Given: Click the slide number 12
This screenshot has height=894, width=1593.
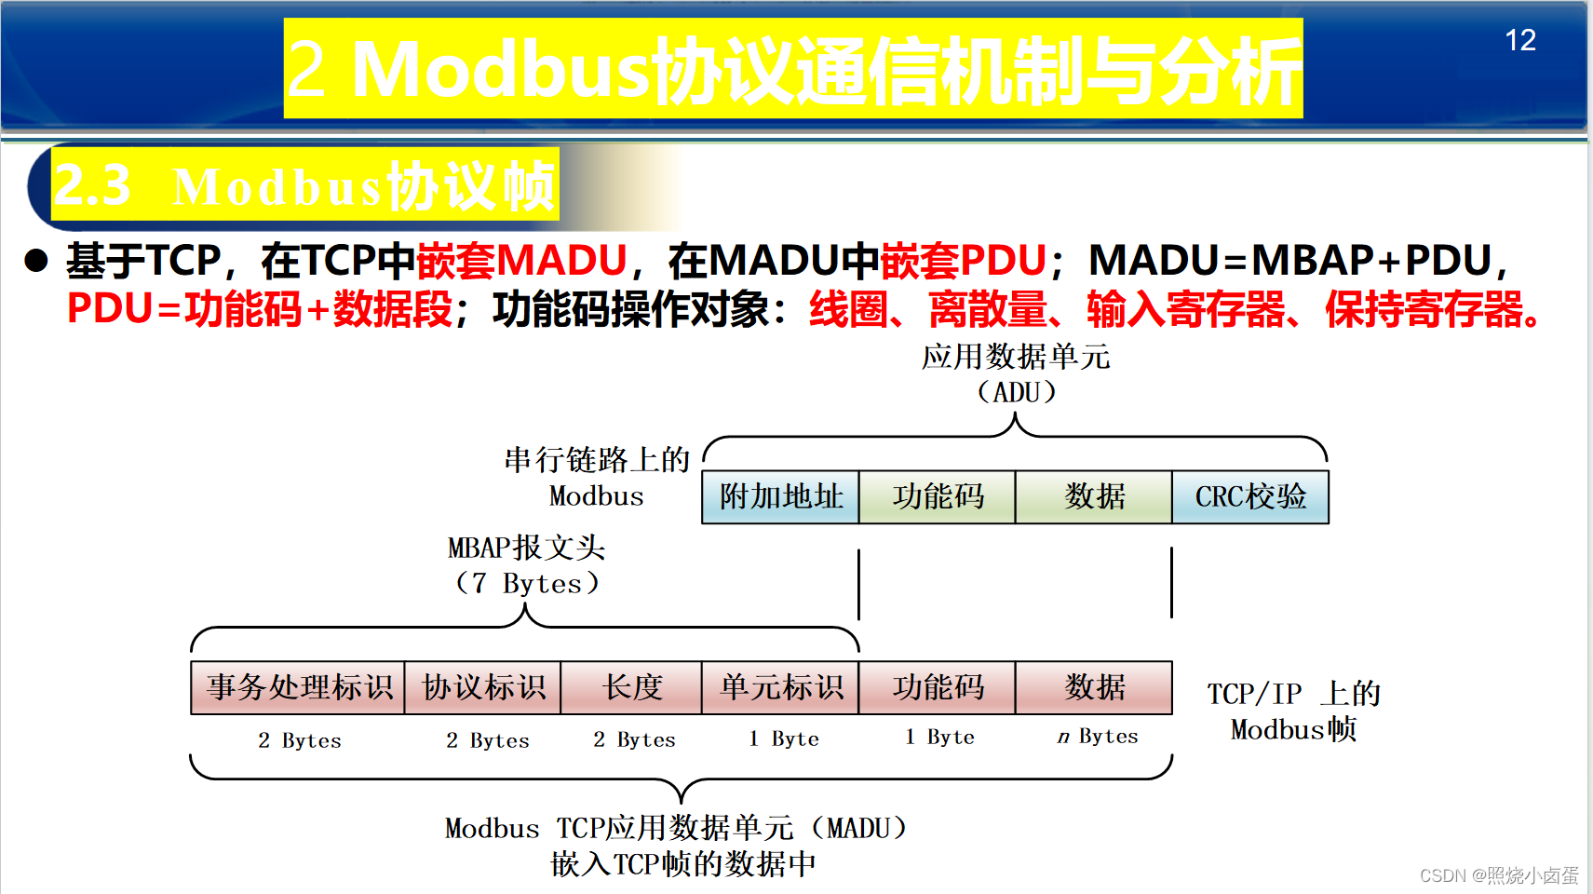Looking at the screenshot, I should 1519,40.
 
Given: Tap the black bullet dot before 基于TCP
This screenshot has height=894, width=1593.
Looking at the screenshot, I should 36,261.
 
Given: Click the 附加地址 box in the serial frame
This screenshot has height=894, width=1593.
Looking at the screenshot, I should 780,497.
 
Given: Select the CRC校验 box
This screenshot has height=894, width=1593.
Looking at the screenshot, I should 1249,497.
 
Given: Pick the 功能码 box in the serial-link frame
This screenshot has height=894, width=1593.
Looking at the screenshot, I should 937,497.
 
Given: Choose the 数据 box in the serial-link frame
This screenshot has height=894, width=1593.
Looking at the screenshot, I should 1094,497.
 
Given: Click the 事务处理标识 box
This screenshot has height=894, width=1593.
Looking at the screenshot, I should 298,688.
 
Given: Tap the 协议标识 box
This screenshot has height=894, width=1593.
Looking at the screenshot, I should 483,688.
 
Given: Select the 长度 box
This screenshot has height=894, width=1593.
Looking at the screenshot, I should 631,688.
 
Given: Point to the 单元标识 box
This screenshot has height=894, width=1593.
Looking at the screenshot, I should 780,688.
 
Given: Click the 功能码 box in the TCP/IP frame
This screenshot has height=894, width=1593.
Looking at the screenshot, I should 937,688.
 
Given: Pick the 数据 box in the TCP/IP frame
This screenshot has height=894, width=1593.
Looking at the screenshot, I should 1094,688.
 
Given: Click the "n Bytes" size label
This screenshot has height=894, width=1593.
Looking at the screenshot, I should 1097,737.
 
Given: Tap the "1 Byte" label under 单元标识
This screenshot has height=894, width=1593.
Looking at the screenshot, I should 784,738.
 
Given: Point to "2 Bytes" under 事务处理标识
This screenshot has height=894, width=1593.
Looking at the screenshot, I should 299,740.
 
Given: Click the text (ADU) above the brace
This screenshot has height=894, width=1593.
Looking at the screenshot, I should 1016,392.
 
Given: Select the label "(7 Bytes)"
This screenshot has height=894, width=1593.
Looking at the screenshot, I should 526,584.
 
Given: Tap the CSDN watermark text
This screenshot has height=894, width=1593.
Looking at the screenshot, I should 1498,875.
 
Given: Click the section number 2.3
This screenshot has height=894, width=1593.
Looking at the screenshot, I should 92,185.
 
